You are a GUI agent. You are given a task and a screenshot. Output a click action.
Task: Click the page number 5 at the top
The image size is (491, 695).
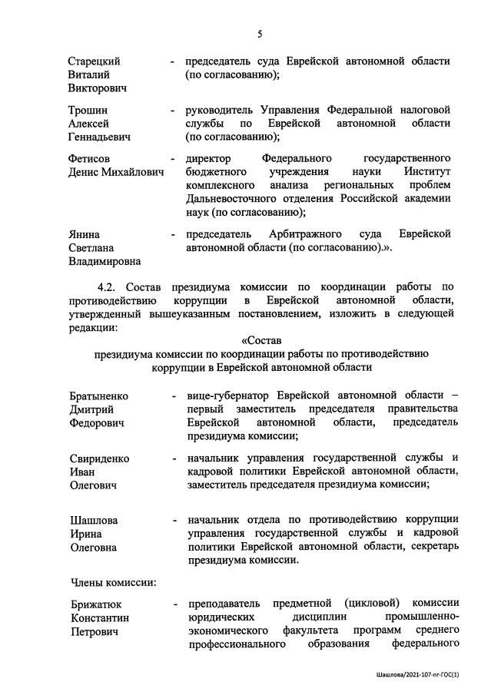[260, 33]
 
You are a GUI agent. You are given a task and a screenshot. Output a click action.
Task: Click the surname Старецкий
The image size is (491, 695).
[95, 61]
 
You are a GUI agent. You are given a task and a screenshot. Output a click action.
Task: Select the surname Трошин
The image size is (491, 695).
[88, 109]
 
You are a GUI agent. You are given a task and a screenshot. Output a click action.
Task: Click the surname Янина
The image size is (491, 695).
[85, 233]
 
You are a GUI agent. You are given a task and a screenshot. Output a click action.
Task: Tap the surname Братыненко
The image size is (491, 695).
[99, 395]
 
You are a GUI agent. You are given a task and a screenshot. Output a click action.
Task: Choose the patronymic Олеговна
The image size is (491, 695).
[94, 548]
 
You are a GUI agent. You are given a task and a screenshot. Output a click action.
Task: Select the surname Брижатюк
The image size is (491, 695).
[96, 603]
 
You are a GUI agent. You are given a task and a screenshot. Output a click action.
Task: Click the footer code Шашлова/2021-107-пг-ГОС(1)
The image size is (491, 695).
[418, 675]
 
